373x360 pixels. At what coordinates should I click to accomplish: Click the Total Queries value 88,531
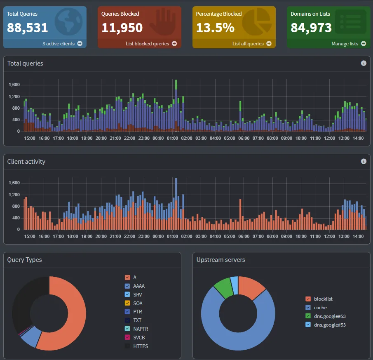[27, 28]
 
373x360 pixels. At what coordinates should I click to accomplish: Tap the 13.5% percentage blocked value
[215, 28]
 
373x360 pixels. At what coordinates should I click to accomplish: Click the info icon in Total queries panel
[364, 63]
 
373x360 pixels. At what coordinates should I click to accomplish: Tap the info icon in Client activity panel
[364, 161]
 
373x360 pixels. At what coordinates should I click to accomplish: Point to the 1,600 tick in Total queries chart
[14, 85]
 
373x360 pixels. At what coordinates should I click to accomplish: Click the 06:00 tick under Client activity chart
[244, 236]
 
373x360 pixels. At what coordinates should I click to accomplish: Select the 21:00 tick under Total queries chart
[115, 138]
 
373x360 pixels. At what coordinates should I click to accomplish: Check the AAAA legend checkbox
[127, 286]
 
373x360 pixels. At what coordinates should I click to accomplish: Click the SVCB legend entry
[135, 337]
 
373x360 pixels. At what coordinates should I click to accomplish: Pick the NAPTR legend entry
[136, 329]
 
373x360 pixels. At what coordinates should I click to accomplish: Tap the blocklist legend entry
[319, 299]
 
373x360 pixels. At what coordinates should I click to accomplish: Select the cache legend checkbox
[308, 307]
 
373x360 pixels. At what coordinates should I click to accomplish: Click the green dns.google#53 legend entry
[326, 316]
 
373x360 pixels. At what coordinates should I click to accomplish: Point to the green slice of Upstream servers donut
[224, 287]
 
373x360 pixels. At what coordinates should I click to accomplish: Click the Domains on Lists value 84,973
[311, 28]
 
